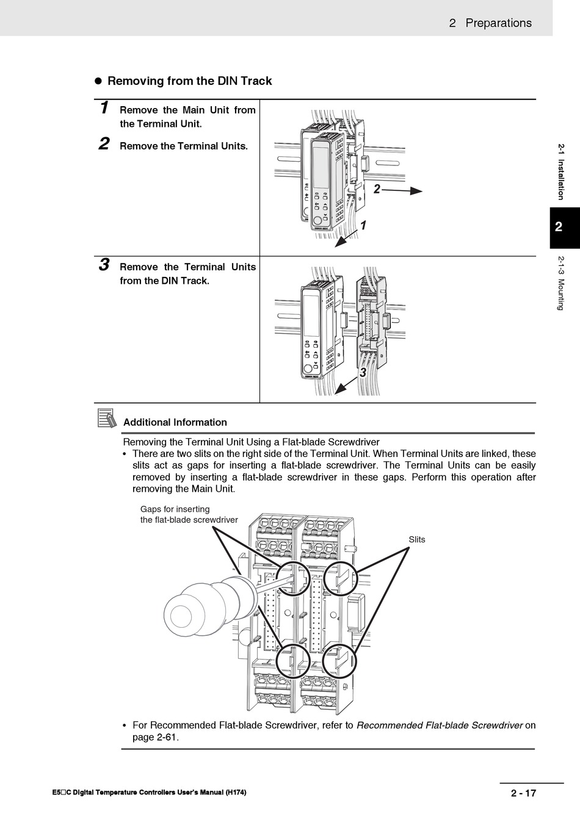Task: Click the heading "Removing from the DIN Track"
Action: point(189,81)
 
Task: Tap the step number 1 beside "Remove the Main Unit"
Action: point(104,109)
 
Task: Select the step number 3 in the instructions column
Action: point(104,265)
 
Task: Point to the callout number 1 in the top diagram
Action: point(363,226)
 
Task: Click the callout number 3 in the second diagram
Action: point(363,372)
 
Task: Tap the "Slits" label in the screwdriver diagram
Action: point(417,539)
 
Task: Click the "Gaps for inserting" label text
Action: point(175,509)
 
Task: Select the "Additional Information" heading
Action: point(175,422)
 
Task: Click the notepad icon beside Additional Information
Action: point(107,419)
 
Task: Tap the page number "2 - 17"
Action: point(523,793)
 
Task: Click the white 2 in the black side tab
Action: point(559,228)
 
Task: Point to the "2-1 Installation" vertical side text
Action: point(560,171)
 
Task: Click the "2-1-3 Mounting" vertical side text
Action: point(560,283)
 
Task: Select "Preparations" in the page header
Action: point(498,23)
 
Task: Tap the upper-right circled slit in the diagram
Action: point(339,577)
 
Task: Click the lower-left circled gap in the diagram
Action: point(293,661)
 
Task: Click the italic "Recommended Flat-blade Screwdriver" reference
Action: point(440,725)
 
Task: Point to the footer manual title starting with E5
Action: point(150,793)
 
